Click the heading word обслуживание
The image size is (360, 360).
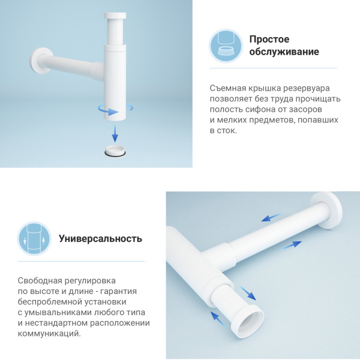click(284, 52)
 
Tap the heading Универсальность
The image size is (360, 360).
click(100, 238)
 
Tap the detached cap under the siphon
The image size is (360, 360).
click(116, 150)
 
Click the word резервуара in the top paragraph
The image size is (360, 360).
click(307, 88)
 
